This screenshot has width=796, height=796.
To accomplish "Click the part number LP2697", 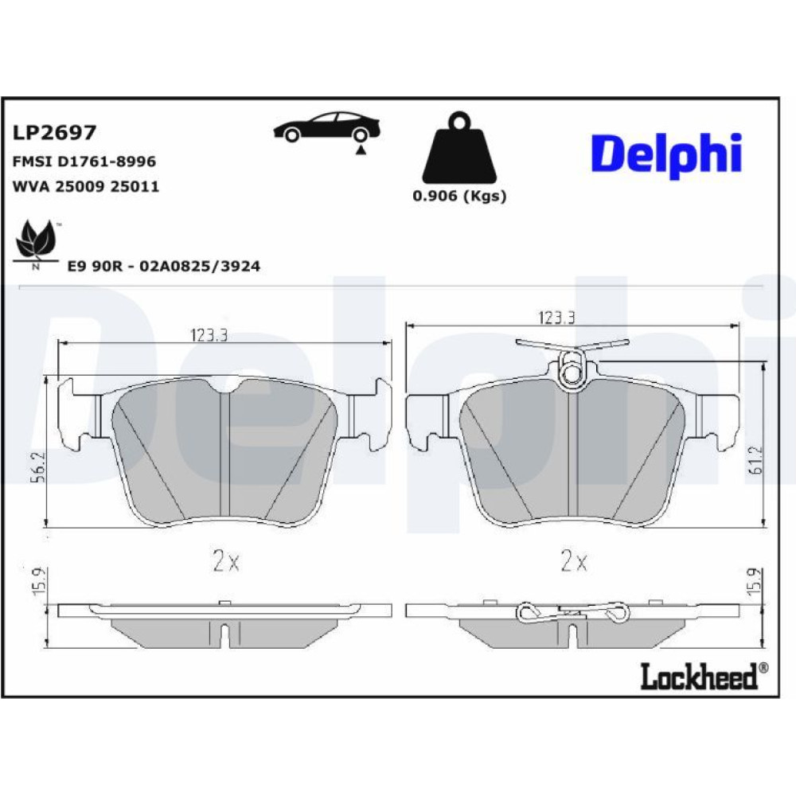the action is click(x=54, y=132).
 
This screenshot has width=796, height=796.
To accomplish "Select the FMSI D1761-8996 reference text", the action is click(x=84, y=162).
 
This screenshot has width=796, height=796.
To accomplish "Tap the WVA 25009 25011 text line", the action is click(x=86, y=186).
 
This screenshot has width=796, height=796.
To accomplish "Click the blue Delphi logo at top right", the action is click(x=666, y=155).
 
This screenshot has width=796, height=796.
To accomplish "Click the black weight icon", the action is click(x=460, y=148).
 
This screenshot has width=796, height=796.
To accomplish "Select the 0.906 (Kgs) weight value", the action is click(x=459, y=196).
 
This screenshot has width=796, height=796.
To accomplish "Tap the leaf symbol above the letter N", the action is click(x=36, y=239).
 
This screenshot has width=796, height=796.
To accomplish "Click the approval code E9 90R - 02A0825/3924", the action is click(x=163, y=266).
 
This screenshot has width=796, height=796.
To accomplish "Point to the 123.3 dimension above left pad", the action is click(x=209, y=335).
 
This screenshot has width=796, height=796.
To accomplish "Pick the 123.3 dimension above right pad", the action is click(x=556, y=318).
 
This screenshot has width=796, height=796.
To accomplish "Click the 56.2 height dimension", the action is click(x=40, y=467).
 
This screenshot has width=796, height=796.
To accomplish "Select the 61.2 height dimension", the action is click(x=755, y=460).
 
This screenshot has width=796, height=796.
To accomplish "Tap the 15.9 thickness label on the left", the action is click(x=40, y=582).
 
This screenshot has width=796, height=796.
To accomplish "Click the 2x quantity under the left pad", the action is click(x=225, y=561).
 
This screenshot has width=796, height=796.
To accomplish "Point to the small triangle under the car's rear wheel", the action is click(x=361, y=150).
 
